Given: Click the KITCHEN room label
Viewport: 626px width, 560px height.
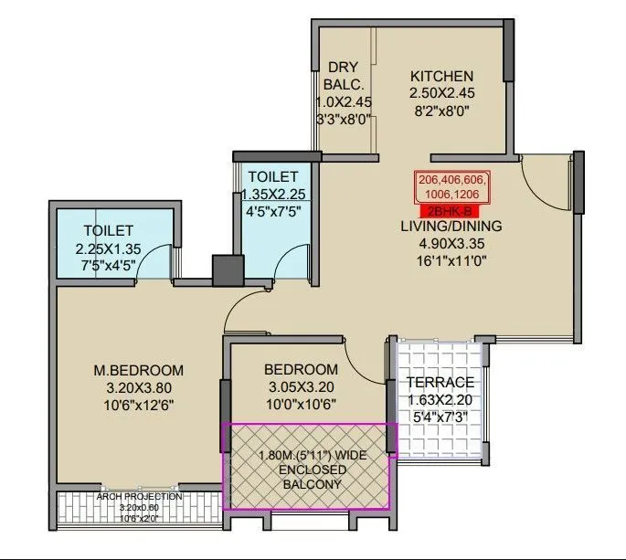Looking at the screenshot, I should (441, 76).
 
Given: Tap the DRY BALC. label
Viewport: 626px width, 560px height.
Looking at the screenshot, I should (344, 76).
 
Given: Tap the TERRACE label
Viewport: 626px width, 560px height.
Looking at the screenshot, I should (441, 382).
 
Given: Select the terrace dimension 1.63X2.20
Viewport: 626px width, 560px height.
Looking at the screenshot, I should (441, 400).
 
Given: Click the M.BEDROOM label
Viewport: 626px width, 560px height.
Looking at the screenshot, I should (139, 370).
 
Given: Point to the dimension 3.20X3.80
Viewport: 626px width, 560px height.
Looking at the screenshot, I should (139, 387).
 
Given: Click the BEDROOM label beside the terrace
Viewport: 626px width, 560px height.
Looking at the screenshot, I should (301, 369).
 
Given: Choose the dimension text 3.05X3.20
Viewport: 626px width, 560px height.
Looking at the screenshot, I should (301, 386).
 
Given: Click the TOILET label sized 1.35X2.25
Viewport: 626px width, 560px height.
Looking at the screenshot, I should (273, 175).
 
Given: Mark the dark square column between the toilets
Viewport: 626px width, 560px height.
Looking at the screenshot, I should (225, 271).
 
